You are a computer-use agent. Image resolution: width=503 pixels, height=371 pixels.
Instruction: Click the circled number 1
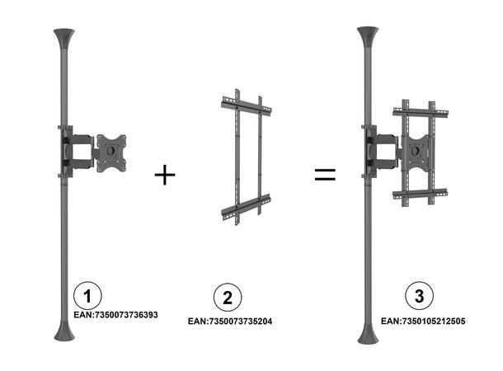[87, 294]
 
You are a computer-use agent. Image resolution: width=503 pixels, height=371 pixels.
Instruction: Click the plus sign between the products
[165, 175]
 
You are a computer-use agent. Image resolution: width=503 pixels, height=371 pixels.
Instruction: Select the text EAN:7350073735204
[229, 321]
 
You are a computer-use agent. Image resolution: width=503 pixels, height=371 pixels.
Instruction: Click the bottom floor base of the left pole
[63, 333]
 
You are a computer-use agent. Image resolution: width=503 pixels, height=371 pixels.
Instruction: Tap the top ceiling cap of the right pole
[367, 37]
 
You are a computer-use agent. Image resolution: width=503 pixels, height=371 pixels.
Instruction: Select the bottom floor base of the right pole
[367, 333]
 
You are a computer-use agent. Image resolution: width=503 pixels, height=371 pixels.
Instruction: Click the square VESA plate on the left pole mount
[111, 153]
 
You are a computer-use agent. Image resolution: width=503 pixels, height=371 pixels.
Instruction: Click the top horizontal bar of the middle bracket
[246, 106]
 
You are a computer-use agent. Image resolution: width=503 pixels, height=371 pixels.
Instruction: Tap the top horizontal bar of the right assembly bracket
[419, 110]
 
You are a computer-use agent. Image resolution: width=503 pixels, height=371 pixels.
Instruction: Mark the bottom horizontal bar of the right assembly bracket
[419, 195]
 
